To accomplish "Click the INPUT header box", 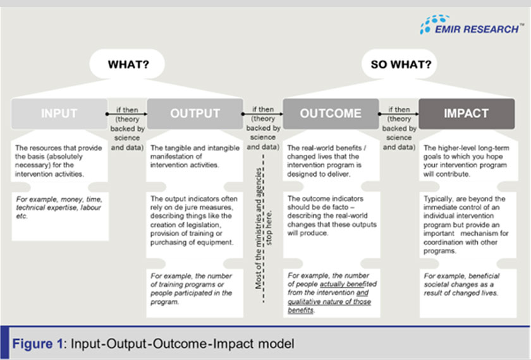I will pyautogui.click(x=59, y=114).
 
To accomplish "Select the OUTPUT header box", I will pyautogui.click(x=195, y=114).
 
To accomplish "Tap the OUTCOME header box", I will pyautogui.click(x=330, y=114).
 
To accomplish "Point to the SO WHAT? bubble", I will pyautogui.click(x=401, y=64).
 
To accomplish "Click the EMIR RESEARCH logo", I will pyautogui.click(x=470, y=26).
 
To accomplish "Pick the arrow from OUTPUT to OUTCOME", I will pyautogui.click(x=262, y=114).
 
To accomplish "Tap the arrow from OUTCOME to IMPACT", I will pyautogui.click(x=398, y=114).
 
